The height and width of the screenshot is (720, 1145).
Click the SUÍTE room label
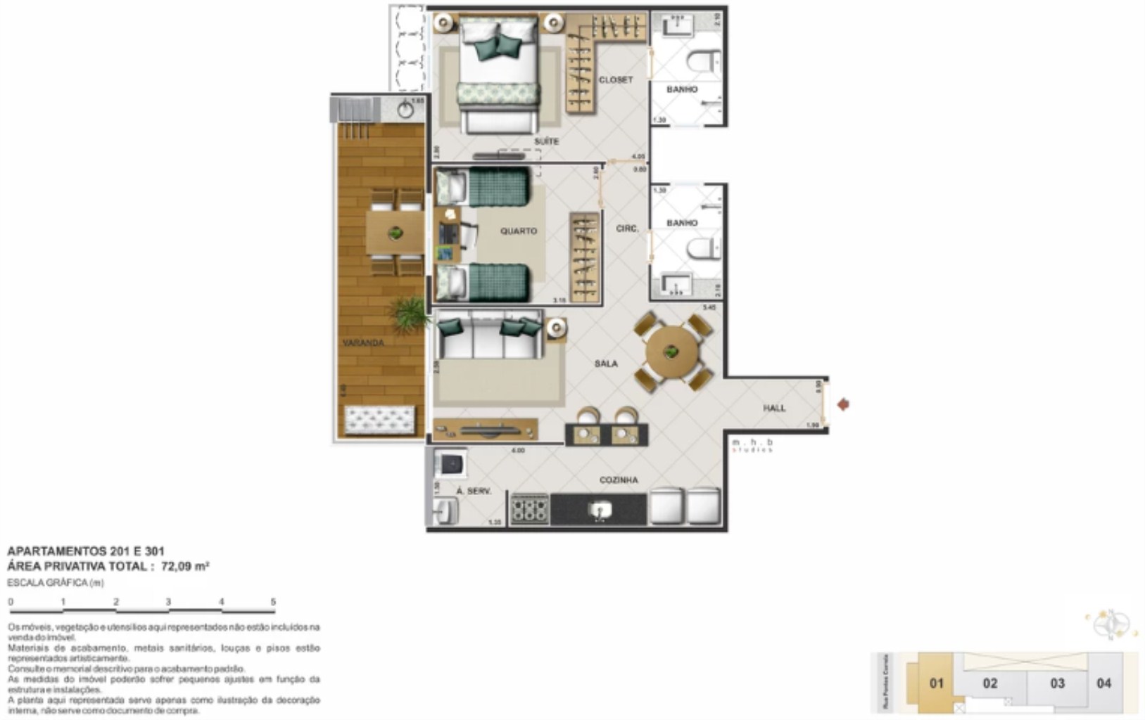[546, 141]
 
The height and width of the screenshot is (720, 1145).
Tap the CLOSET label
[615, 80]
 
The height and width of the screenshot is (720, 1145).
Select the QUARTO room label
[519, 231]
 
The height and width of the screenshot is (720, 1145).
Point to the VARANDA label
[363, 343]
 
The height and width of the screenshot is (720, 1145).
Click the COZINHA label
[619, 480]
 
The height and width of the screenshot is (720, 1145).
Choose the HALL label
[774, 408]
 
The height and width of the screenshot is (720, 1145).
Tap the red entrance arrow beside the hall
[843, 404]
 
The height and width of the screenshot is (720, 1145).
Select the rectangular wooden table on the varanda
[396, 233]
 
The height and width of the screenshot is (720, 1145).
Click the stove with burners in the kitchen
[529, 508]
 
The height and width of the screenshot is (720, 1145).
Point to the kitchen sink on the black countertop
[599, 509]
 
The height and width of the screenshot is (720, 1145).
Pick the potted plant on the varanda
[408, 314]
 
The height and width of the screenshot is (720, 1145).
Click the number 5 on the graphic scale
[273, 602]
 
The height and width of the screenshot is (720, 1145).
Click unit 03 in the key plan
[1057, 683]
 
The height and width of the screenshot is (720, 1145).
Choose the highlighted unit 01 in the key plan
[936, 683]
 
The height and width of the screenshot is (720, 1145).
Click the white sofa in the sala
[488, 337]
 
